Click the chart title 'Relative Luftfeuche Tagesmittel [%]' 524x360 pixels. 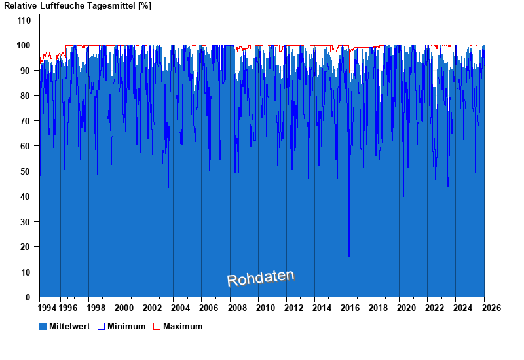click(77, 6)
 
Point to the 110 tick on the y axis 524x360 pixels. click(24, 20)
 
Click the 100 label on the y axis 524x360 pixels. click(24, 45)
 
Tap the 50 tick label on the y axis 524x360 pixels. click(26, 171)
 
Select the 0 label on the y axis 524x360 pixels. click(28, 297)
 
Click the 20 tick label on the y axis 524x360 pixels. click(26, 247)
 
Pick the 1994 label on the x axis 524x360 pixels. click(47, 308)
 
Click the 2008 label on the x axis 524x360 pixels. click(237, 308)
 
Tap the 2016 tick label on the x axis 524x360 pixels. click(350, 308)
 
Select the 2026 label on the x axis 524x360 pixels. click(492, 308)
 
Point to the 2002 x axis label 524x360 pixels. click(153, 308)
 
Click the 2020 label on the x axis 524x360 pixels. click(407, 308)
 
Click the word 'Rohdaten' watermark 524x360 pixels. click(261, 278)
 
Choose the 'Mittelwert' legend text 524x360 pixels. click(69, 326)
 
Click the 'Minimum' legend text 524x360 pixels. click(126, 326)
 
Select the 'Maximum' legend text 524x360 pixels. click(183, 326)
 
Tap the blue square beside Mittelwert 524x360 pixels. click(43, 326)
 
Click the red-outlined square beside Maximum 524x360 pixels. click(157, 326)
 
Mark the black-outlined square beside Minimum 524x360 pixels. click(101, 326)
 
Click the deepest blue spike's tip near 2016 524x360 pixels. click(349, 257)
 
